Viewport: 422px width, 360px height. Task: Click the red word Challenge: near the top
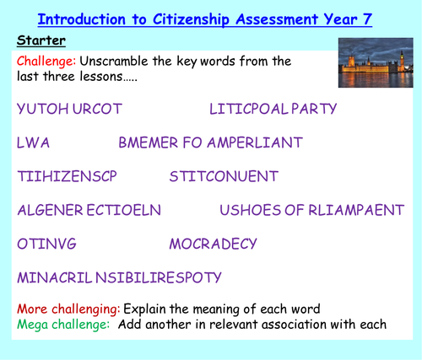coord(45,61)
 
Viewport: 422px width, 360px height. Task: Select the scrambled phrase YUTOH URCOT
coord(69,109)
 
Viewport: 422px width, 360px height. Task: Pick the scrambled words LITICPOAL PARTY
coord(273,109)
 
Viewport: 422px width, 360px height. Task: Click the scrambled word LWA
coord(33,142)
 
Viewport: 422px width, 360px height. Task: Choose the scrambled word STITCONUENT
coord(223,176)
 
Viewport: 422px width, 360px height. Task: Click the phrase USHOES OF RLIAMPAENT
coord(311,210)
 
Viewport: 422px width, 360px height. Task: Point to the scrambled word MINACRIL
coord(54,277)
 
